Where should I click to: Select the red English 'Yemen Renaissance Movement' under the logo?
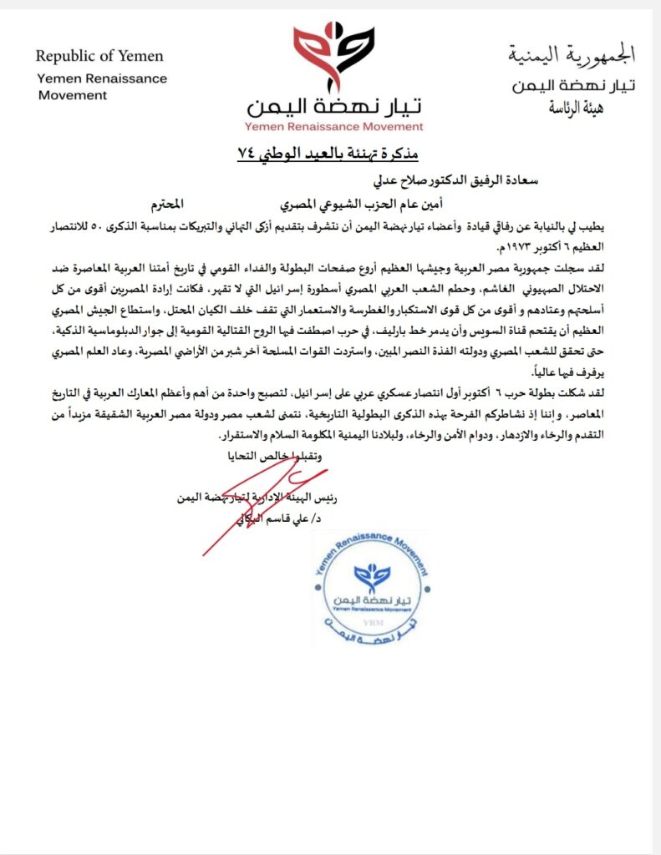tap(334, 127)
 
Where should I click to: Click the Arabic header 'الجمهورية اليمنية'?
tap(572, 56)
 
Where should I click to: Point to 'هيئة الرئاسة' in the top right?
tap(576, 108)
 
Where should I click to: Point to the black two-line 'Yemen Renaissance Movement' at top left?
tap(102, 86)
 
